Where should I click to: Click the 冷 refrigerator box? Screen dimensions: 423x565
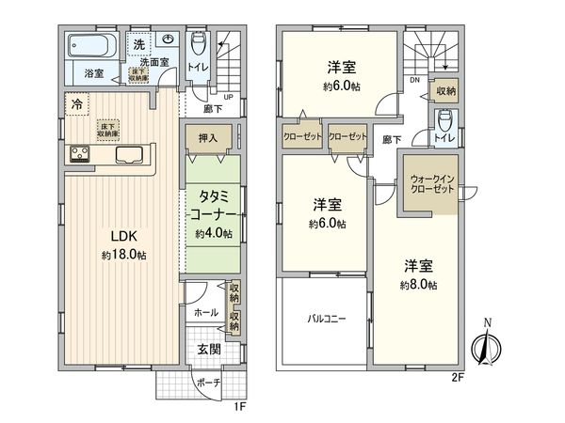click(75, 104)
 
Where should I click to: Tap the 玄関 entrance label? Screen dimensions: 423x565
click(208, 350)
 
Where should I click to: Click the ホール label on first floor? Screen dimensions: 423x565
click(206, 312)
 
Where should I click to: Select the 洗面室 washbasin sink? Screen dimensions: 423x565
click(169, 39)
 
